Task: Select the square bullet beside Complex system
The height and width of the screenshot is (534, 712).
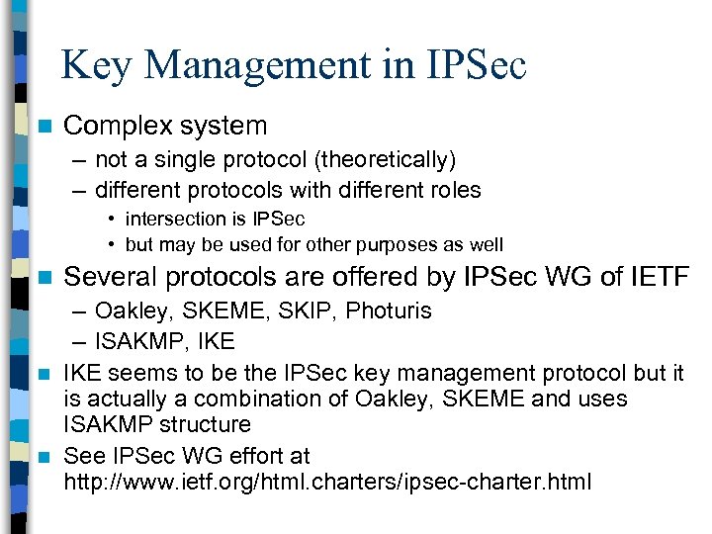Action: (41, 127)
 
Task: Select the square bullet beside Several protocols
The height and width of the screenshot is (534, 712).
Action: (41, 278)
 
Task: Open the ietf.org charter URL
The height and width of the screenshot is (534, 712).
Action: (326, 482)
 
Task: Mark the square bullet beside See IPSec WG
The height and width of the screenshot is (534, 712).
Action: (41, 457)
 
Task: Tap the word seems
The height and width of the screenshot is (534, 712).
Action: (139, 373)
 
